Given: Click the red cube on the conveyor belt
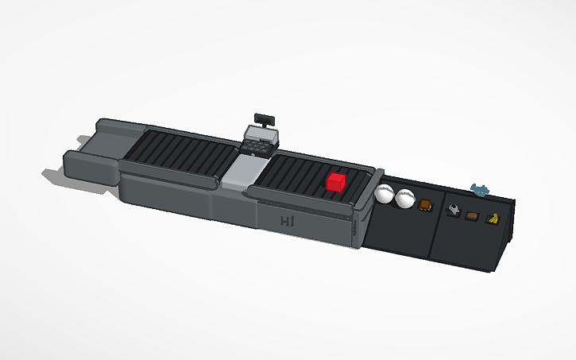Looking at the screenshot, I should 336,182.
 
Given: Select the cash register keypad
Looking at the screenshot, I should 258,147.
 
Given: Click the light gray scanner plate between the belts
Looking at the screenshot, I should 241,173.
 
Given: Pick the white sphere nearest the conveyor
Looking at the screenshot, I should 386,194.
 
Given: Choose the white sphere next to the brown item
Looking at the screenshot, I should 406,198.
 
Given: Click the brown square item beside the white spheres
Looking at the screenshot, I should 426,205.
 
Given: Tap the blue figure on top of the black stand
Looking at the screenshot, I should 479,189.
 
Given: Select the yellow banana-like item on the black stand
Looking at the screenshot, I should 493,219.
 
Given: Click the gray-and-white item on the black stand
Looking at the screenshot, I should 453,210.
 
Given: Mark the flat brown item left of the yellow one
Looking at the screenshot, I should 472,215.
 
